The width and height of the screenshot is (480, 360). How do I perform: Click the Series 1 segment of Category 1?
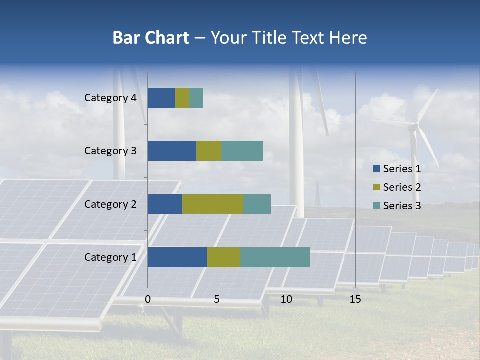(x=177, y=257)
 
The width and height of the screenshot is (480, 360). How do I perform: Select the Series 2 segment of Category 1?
(x=224, y=257)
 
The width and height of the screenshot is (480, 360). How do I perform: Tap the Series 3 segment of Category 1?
(x=275, y=257)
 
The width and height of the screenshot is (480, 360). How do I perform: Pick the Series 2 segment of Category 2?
(x=213, y=204)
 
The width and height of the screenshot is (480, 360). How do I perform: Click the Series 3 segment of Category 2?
(x=257, y=204)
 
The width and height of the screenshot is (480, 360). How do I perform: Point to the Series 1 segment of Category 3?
(x=172, y=151)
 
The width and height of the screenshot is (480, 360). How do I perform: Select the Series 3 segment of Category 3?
(x=242, y=151)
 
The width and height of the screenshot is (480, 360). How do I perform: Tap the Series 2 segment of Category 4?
(x=182, y=98)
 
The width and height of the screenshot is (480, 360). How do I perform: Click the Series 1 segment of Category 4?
(x=161, y=98)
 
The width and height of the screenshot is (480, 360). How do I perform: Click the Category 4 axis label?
(x=110, y=98)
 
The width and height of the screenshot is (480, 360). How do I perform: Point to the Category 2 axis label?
(x=110, y=204)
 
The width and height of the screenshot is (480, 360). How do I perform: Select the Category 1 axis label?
(x=110, y=257)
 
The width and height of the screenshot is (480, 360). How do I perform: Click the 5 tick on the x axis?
(x=217, y=299)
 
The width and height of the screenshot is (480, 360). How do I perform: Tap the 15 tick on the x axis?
(x=355, y=299)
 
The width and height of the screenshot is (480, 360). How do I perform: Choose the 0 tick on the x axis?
(x=148, y=299)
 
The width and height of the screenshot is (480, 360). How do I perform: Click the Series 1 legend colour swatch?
(x=376, y=169)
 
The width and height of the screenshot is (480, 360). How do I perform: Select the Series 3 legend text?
(x=402, y=206)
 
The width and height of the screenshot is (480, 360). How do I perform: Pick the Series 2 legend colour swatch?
(x=376, y=187)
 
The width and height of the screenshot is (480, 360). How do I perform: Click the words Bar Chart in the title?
(x=151, y=38)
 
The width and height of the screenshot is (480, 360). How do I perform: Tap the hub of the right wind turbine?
(x=414, y=127)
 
